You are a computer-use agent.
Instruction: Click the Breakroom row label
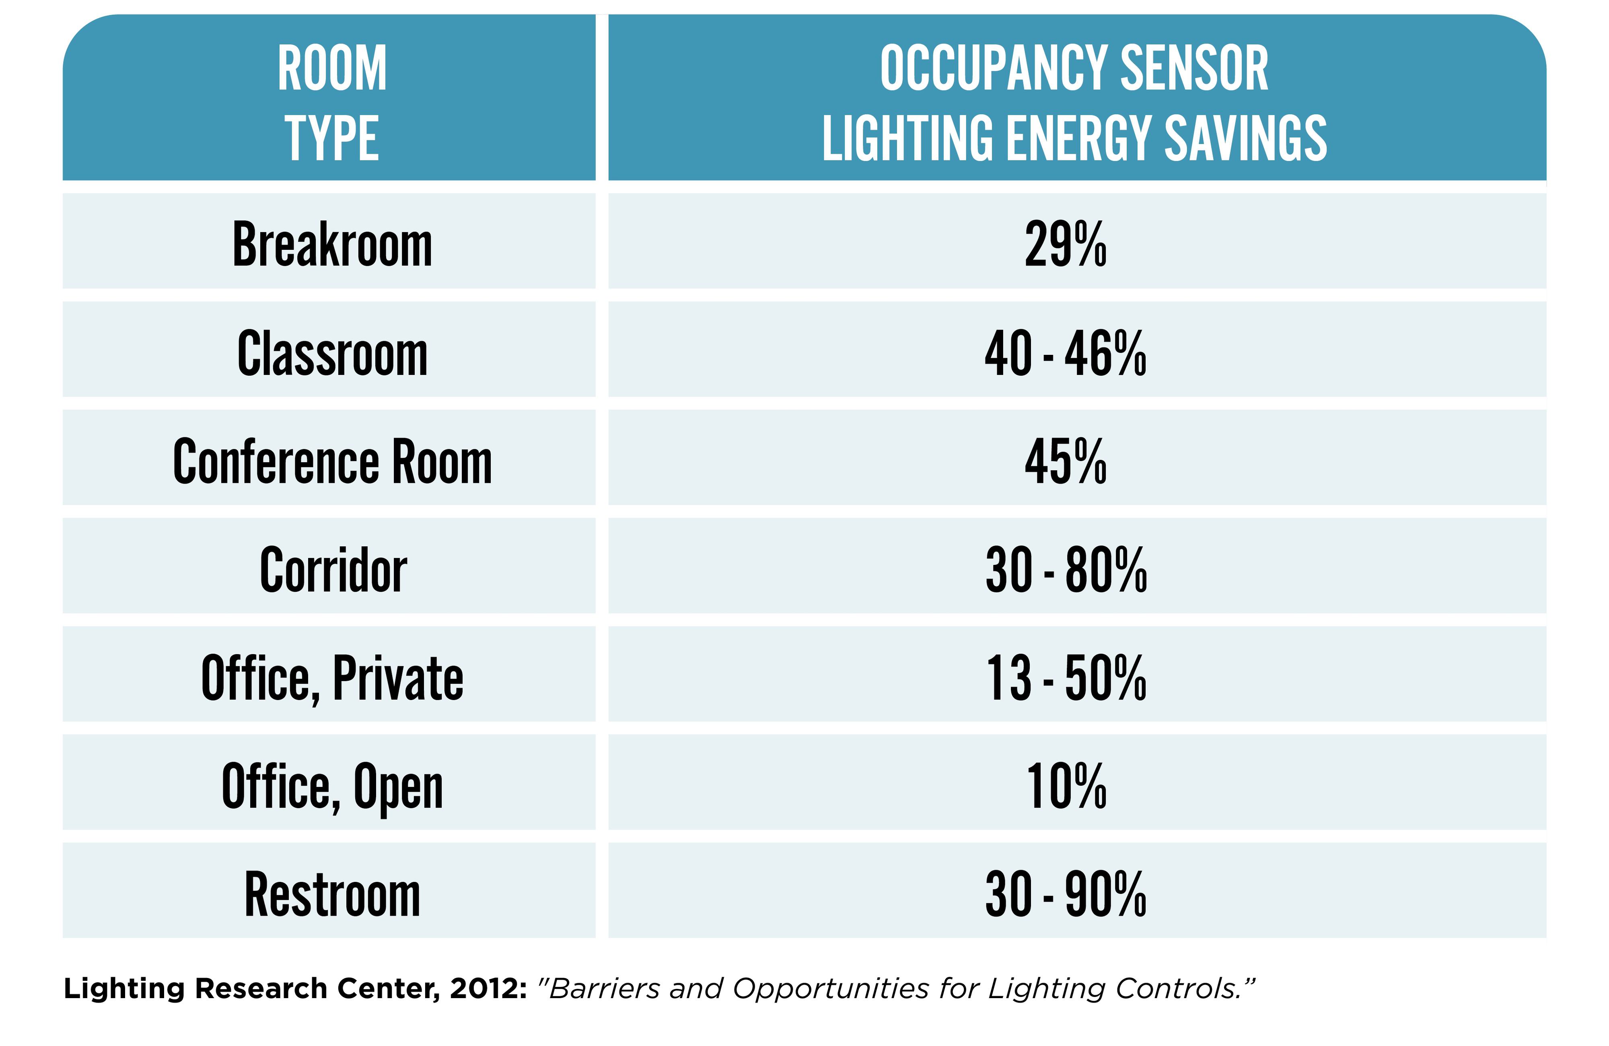click(x=332, y=244)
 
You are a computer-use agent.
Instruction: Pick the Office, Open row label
click(x=332, y=787)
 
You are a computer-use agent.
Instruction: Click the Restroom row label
click(x=332, y=895)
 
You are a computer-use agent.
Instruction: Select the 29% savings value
click(x=1066, y=244)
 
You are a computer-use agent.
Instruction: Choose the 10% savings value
click(x=1066, y=787)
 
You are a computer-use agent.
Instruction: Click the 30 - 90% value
click(x=1066, y=895)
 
